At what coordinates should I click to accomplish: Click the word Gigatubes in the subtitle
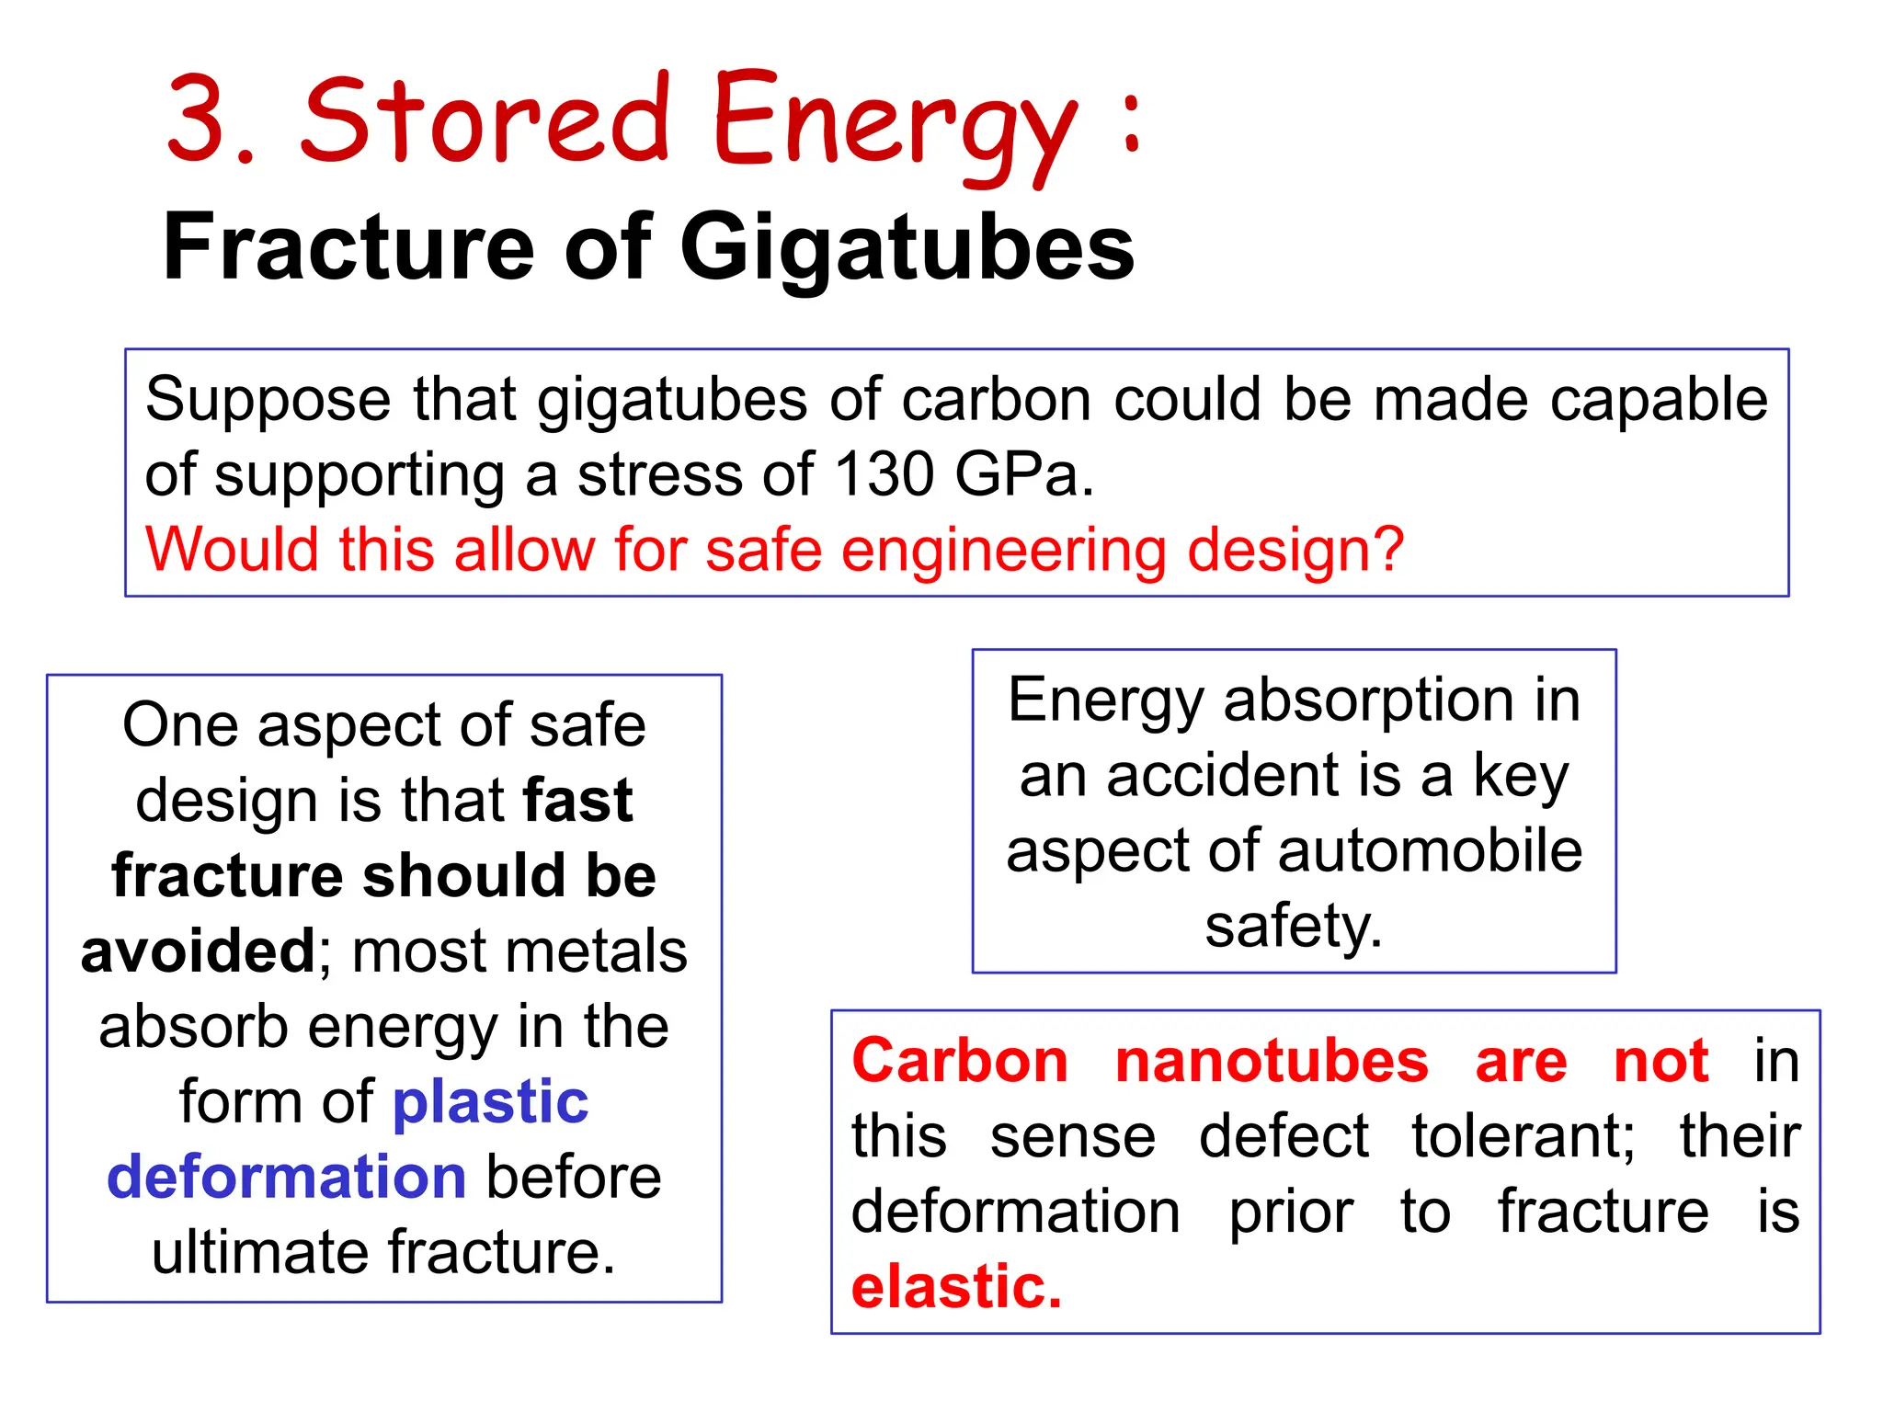tap(907, 248)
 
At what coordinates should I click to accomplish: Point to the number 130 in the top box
tap(883, 475)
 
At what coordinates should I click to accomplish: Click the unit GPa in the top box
tap(1023, 475)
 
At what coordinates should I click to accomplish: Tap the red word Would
tap(232, 550)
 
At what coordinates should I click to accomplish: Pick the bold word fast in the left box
tap(577, 800)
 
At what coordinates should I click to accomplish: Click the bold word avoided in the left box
tap(198, 951)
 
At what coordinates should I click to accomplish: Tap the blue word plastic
tap(490, 1101)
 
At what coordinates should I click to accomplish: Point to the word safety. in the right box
tap(1294, 926)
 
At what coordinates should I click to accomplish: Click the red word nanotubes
tap(1271, 1061)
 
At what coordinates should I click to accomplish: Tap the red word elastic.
tap(956, 1287)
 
